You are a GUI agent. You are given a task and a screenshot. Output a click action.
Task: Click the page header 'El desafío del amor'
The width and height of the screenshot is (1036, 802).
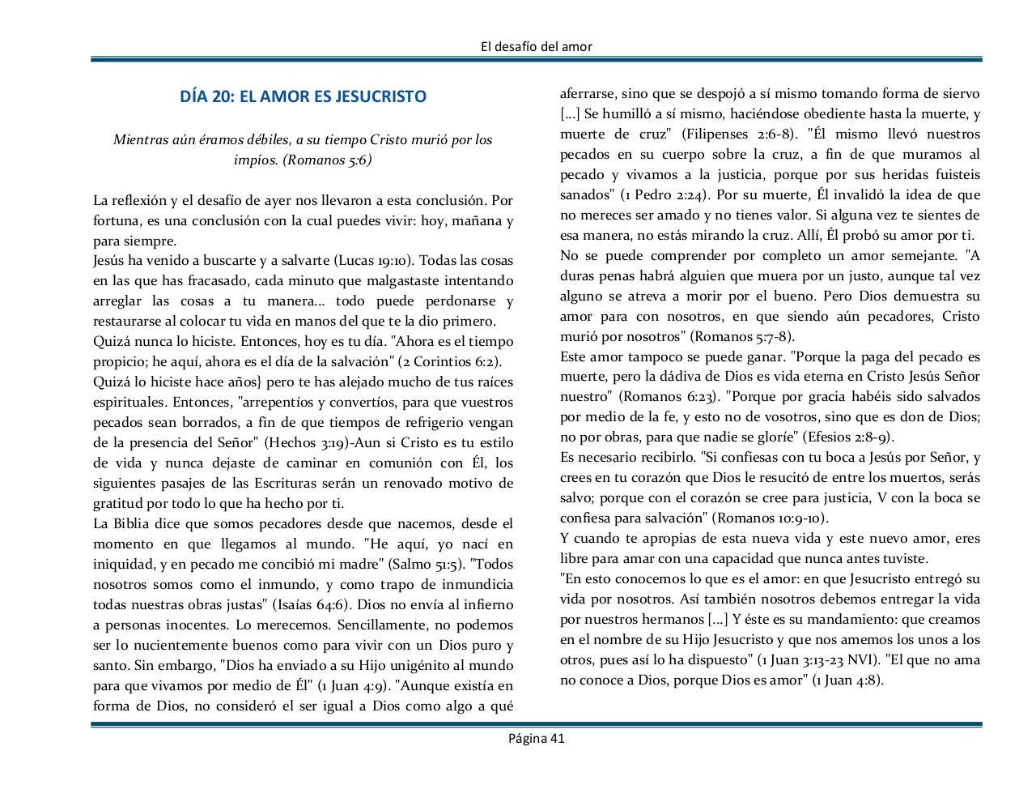pyautogui.click(x=536, y=46)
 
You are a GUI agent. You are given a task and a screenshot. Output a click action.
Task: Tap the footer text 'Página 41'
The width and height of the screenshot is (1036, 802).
pyautogui.click(x=536, y=737)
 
